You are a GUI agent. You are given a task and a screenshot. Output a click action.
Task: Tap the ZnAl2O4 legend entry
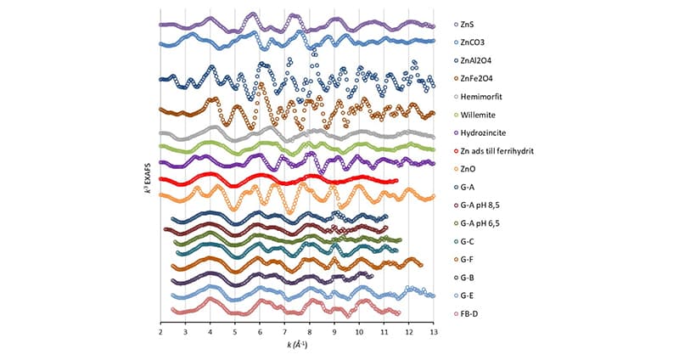click(x=477, y=60)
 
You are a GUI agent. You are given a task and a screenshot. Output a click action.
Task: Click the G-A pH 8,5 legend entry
click(x=481, y=205)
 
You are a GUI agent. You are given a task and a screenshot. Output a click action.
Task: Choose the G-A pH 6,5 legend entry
click(x=481, y=222)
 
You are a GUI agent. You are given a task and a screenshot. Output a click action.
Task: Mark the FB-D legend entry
click(x=471, y=313)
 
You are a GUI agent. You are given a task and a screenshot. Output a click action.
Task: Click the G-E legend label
click(x=469, y=295)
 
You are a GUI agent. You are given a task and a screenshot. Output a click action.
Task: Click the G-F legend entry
click(x=469, y=259)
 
